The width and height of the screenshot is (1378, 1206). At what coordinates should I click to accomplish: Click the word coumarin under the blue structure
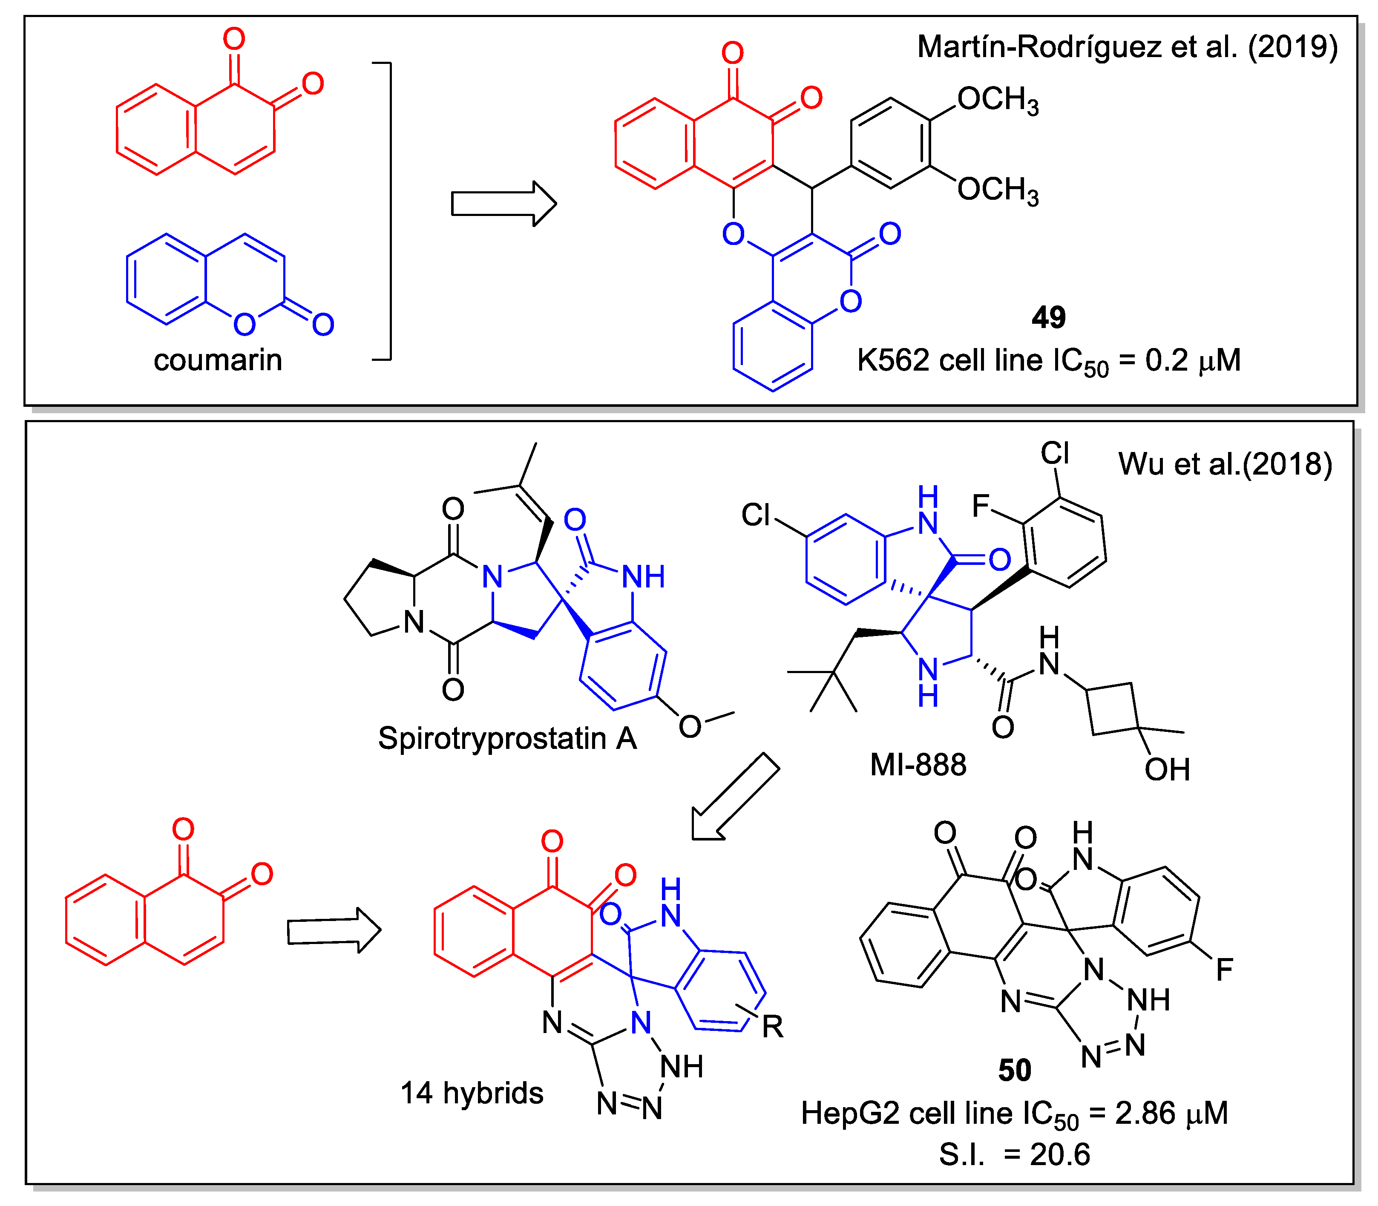(x=217, y=360)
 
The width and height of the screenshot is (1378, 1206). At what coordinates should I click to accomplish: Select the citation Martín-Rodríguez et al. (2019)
(x=1127, y=47)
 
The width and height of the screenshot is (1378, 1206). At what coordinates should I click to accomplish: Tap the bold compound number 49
(x=1048, y=318)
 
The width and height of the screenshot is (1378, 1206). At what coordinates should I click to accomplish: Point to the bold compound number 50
(x=1015, y=1070)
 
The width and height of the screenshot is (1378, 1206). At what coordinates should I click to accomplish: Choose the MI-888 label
(x=918, y=765)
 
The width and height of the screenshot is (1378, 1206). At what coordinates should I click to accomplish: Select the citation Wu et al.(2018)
(x=1225, y=464)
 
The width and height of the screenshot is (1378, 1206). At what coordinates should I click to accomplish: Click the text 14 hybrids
(x=472, y=1093)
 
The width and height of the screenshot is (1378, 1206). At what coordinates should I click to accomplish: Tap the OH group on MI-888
(x=1168, y=770)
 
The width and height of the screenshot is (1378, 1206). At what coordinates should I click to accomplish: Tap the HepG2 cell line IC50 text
(x=1014, y=1114)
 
